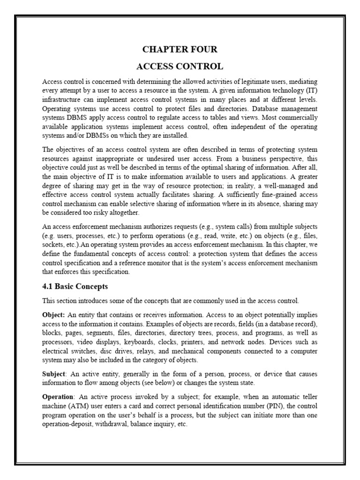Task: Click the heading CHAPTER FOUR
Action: pos(180,49)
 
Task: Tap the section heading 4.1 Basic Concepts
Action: pos(75,286)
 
